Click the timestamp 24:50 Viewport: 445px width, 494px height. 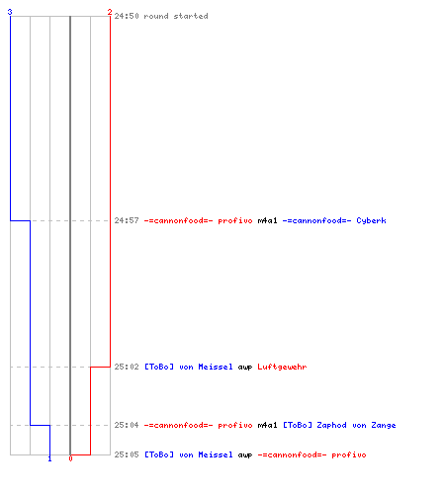coord(127,16)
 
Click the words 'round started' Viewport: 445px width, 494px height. coord(176,16)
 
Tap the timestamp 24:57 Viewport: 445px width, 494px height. coord(127,220)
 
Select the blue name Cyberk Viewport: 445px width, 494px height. coord(371,221)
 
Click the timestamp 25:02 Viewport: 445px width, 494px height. coord(127,367)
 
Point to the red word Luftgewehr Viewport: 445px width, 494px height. coord(282,368)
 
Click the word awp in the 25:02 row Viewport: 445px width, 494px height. coord(245,368)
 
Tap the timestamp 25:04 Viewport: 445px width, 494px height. coord(127,425)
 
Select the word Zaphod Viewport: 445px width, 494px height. coord(331,426)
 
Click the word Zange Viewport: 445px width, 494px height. coord(384,426)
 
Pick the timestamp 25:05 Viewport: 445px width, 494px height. coord(127,454)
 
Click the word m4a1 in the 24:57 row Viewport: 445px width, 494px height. coord(267,220)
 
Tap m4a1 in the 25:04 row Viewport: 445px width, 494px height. coord(267,425)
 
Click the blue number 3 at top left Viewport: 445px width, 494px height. coord(10,12)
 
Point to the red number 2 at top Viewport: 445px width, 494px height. coord(110,12)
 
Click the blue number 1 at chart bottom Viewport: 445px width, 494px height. coord(49,458)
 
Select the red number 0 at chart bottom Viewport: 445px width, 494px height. coord(70,458)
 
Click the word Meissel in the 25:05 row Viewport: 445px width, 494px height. coord(216,454)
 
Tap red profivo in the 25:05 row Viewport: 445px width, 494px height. coord(349,455)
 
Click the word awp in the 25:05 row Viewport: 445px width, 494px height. coord(245,455)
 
